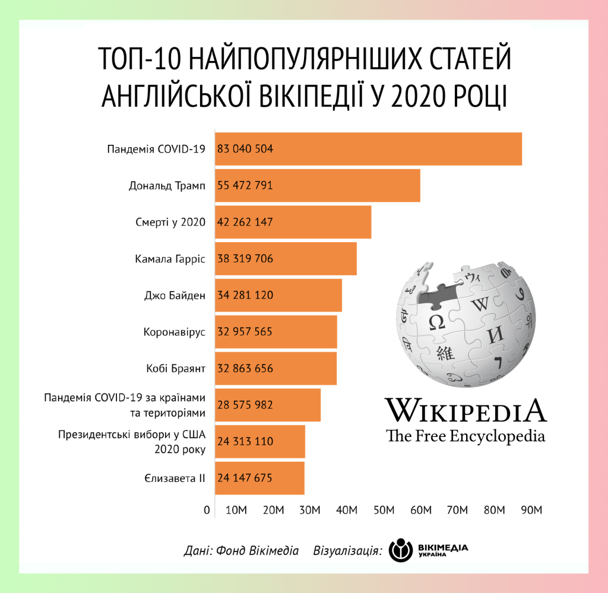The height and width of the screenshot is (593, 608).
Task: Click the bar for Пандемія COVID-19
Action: [368, 149]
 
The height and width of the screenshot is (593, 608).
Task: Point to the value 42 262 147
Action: [245, 223]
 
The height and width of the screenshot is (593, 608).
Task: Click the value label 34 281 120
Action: [245, 295]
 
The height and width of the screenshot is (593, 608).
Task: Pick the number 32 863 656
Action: [245, 369]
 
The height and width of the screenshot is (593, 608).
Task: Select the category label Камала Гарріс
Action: [170, 259]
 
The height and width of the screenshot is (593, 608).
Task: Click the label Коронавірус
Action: [174, 332]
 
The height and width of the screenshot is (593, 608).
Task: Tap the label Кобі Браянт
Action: [175, 369]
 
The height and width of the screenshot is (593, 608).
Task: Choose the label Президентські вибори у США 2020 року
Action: [132, 442]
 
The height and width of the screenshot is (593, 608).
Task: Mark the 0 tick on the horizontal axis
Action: [207, 510]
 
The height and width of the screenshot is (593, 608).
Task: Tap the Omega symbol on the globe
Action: [436, 322]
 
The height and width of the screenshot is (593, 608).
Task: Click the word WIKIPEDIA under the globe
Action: [465, 410]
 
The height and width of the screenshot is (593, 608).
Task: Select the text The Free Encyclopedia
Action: [465, 436]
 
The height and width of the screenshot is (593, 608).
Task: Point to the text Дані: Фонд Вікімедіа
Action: [241, 550]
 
